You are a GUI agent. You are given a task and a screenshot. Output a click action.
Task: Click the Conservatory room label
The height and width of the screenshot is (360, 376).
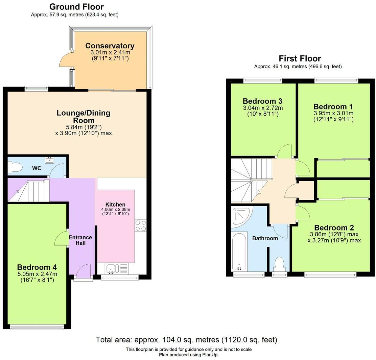(x=110, y=46)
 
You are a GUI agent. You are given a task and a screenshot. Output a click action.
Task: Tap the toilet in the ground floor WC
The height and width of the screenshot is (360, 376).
(x=15, y=167)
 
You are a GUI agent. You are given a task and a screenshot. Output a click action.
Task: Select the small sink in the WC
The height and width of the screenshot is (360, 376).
(x=49, y=160)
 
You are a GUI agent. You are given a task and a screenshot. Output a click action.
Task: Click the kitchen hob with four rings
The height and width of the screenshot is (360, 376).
(x=141, y=225)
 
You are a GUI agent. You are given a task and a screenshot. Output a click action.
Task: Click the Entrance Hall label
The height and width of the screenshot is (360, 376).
(x=80, y=240)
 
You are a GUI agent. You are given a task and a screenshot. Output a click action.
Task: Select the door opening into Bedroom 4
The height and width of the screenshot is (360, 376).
(x=61, y=238)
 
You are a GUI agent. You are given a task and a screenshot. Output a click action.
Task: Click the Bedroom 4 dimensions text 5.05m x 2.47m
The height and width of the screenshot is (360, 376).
(x=37, y=274)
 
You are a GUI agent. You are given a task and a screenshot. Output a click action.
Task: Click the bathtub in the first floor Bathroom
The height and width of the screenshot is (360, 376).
(x=239, y=252)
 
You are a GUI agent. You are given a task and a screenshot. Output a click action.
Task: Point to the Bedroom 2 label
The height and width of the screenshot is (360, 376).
(x=334, y=227)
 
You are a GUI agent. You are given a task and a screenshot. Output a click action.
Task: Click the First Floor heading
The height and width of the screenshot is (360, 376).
(x=300, y=58)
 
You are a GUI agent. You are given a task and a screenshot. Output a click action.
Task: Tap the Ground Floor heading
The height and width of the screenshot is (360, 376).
(x=76, y=7)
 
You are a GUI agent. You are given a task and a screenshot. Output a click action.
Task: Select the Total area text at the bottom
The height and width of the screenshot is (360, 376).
(x=186, y=340)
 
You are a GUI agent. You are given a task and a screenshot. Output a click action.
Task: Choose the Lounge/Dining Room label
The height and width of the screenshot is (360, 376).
(x=84, y=117)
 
